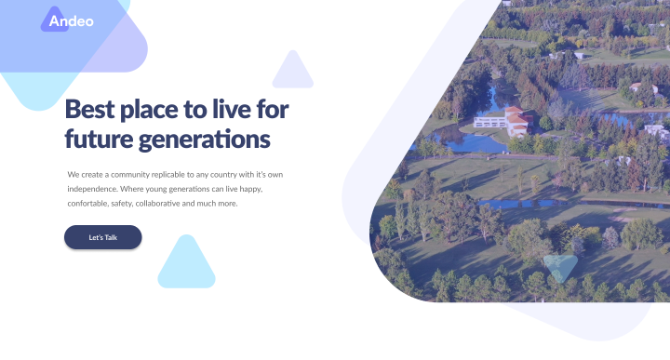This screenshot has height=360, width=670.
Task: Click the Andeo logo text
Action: click(71, 20)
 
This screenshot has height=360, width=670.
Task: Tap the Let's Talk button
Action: click(103, 237)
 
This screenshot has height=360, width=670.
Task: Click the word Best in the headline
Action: click(89, 110)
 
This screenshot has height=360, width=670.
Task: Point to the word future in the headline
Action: click(99, 140)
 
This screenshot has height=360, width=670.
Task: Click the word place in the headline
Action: click(149, 110)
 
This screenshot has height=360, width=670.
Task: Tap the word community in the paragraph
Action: click(130, 175)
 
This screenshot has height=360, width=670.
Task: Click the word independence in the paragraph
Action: click(92, 189)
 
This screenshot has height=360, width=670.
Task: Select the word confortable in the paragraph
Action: click(88, 204)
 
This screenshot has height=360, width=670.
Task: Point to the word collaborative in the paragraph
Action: click(157, 204)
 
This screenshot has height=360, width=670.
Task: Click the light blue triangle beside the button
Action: click(186, 266)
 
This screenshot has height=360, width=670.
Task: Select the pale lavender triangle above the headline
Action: click(293, 72)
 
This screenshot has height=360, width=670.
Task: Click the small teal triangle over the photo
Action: click(560, 267)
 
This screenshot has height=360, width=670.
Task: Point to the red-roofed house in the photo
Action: click(518, 121)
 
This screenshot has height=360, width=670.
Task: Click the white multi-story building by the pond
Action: click(490, 122)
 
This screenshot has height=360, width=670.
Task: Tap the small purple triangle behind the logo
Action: click(55, 20)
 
